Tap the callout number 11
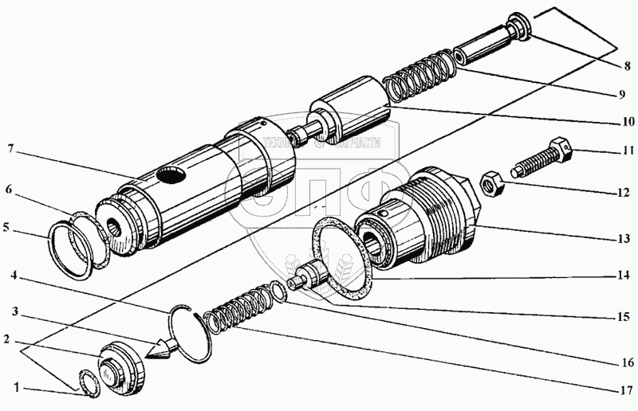(628, 149)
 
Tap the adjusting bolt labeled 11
(542, 159)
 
